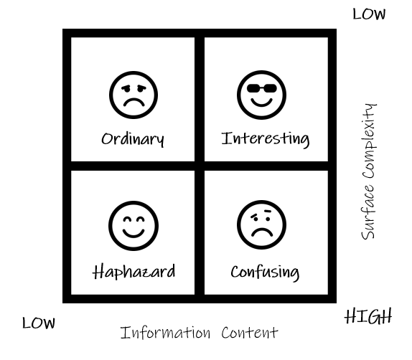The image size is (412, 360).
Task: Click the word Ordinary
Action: pyautogui.click(x=133, y=139)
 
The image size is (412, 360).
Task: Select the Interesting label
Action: pyautogui.click(x=266, y=138)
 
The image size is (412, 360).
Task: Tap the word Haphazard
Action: pyautogui.click(x=134, y=272)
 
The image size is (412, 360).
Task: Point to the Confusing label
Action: pyautogui.click(x=265, y=273)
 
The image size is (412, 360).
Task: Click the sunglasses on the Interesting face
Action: pyautogui.click(x=262, y=88)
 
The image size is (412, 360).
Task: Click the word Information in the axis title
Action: pyautogui.click(x=165, y=333)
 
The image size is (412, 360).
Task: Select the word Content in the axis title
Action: pyautogui.click(x=249, y=333)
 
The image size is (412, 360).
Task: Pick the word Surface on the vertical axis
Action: pyautogui.click(x=367, y=211)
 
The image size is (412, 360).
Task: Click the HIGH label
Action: pyautogui.click(x=367, y=316)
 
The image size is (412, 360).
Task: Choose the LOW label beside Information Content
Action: pyautogui.click(x=39, y=323)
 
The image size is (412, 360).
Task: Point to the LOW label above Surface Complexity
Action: pyautogui.click(x=369, y=14)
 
